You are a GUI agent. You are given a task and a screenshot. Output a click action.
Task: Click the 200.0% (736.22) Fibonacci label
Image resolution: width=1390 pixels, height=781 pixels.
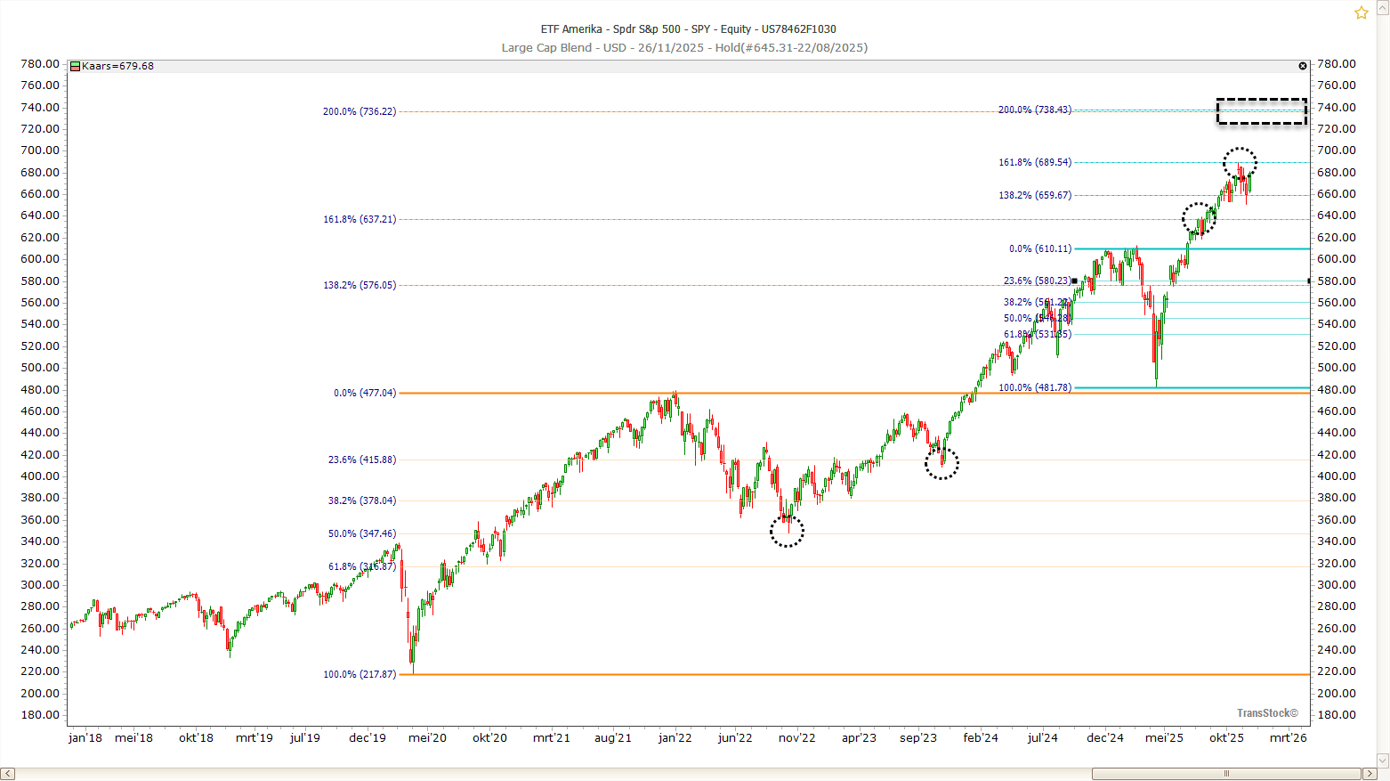tap(360, 112)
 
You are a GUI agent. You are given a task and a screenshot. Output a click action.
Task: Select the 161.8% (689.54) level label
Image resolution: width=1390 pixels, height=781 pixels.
tap(1035, 163)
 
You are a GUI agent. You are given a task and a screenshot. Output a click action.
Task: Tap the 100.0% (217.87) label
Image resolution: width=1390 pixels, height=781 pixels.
tap(360, 675)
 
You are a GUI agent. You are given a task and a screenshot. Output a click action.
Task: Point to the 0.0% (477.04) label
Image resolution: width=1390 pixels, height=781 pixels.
tap(365, 394)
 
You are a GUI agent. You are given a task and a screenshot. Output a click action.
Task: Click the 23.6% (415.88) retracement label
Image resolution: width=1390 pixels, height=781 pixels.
tap(362, 460)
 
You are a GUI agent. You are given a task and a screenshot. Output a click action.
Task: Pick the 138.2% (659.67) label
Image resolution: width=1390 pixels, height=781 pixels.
tap(1035, 196)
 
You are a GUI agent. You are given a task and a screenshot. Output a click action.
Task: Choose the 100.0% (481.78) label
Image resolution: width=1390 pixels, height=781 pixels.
tap(1035, 388)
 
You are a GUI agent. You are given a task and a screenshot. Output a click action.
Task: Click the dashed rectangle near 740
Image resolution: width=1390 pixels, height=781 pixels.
tap(1262, 111)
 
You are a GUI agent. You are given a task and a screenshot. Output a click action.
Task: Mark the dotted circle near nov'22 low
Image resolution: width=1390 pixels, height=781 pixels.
tap(787, 532)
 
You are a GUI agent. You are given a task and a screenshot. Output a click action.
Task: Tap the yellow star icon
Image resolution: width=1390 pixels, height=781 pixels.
tap(1362, 12)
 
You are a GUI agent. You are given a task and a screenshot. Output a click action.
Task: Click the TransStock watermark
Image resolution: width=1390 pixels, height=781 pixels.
tap(1267, 713)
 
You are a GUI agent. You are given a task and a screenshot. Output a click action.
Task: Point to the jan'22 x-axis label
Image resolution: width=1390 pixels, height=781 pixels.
tap(675, 738)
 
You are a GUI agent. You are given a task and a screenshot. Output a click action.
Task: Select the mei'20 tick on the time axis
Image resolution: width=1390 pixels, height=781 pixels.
tap(427, 738)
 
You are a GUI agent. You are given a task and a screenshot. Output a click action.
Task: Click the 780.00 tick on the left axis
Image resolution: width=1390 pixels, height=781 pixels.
tap(40, 64)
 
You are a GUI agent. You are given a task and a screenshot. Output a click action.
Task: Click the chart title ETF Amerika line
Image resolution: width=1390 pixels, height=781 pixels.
tap(688, 29)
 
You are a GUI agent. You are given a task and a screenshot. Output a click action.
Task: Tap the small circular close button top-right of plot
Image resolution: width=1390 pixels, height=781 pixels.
tap(1303, 67)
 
